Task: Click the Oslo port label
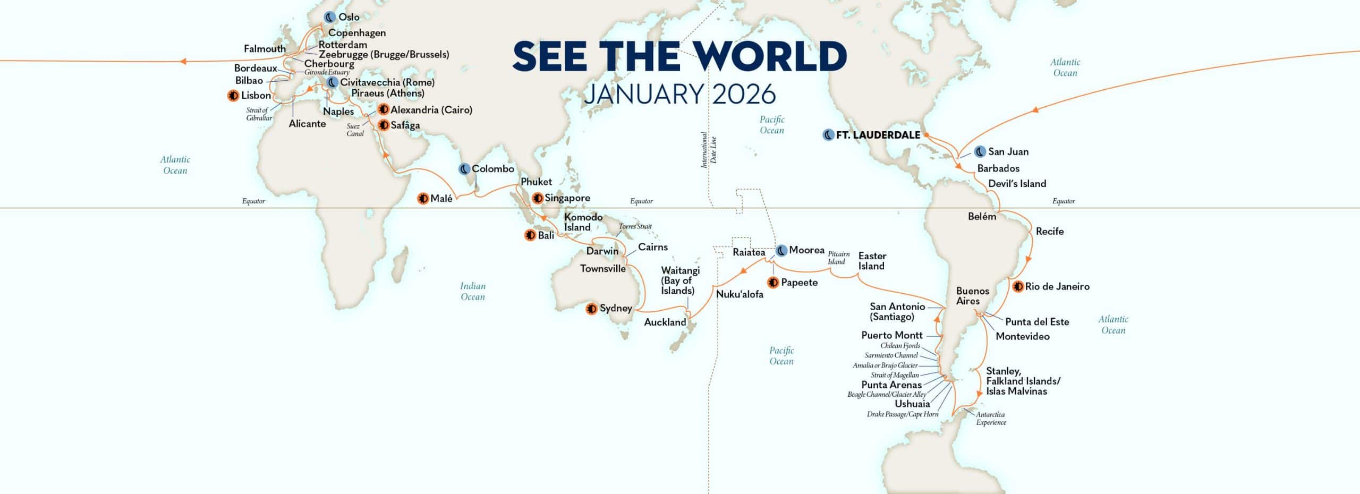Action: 349,18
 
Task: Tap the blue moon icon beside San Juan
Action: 980,152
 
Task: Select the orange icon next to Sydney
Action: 591,309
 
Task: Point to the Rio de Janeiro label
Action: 1057,287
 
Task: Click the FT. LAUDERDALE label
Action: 878,135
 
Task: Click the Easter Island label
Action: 872,261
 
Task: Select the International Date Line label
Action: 709,150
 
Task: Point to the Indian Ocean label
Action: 473,292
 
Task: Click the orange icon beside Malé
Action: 423,199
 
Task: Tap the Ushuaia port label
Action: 912,404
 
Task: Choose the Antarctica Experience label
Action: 991,419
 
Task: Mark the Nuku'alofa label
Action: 739,294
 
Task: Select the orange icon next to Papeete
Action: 773,283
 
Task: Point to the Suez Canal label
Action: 355,130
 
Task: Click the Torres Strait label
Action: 635,226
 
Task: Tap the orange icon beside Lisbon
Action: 233,96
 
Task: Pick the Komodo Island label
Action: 583,222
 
